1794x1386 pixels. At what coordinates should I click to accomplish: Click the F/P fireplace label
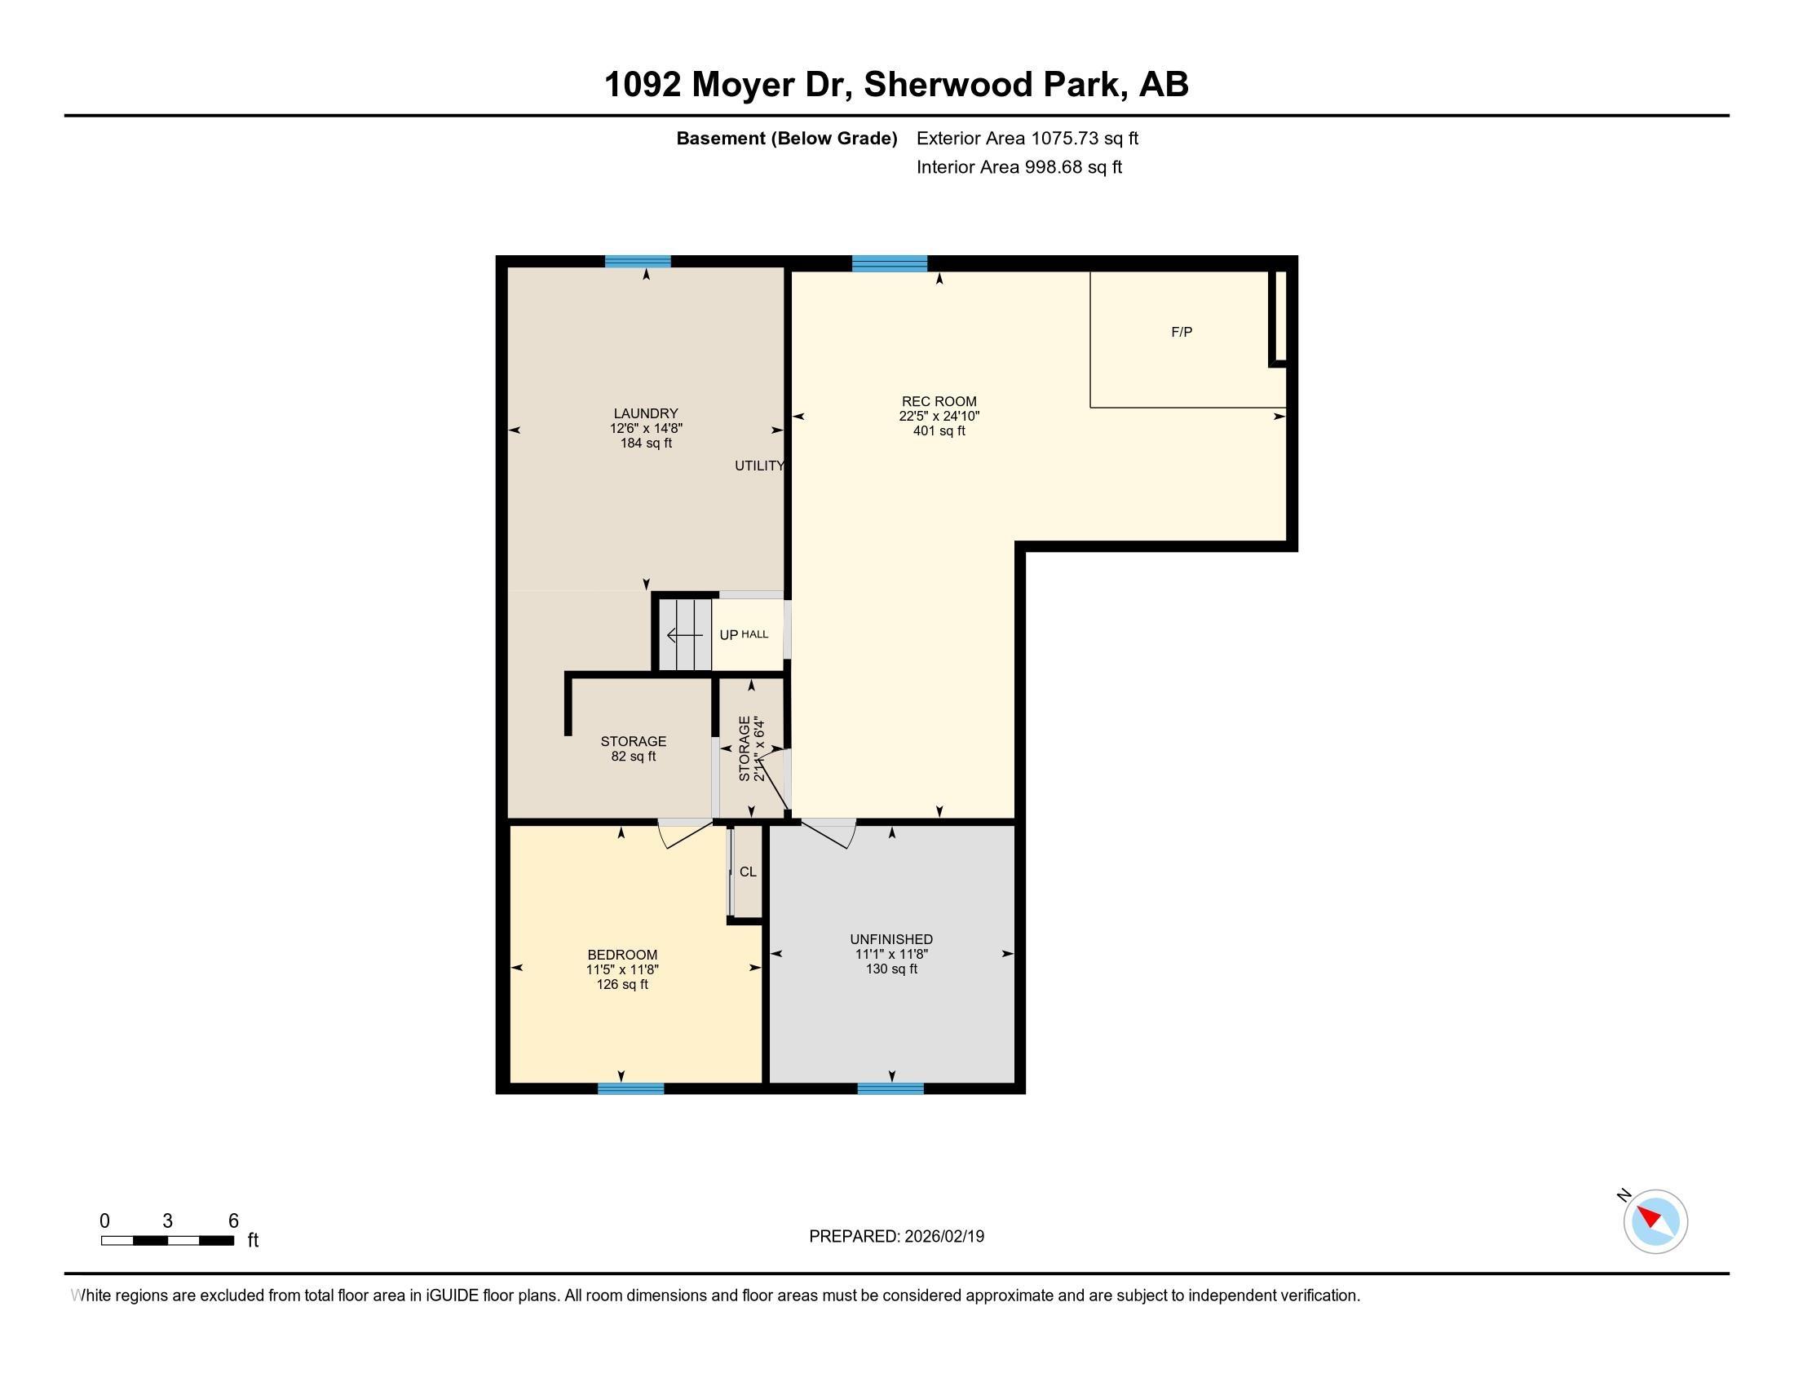1182,332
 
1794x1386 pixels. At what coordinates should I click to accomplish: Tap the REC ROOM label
939,401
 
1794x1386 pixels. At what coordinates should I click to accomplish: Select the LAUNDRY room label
646,414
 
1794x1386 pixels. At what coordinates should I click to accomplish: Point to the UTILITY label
759,466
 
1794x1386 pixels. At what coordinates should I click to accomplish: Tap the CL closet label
748,872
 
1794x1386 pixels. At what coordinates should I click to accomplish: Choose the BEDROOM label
623,955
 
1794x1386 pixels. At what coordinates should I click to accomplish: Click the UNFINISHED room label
891,939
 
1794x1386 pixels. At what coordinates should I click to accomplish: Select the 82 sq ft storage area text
634,757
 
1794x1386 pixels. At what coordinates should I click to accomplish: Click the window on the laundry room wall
639,262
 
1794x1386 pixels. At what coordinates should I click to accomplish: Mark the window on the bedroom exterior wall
631,1088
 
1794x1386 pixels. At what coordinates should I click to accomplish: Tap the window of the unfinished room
890,1088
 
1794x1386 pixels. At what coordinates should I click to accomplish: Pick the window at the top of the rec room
890,263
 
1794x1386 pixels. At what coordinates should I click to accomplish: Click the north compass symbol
1655,1221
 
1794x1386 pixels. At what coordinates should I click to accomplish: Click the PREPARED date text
896,1237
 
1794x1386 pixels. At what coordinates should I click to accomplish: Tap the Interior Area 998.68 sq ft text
1019,167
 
